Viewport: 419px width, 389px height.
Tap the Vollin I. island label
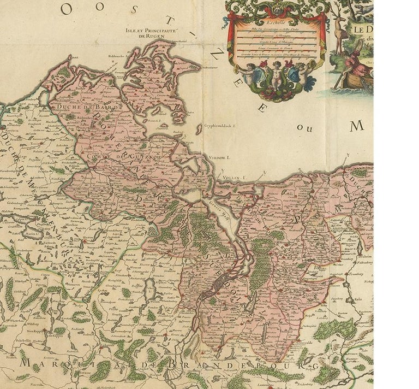tap(234, 178)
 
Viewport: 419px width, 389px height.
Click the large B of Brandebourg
tap(173, 363)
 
